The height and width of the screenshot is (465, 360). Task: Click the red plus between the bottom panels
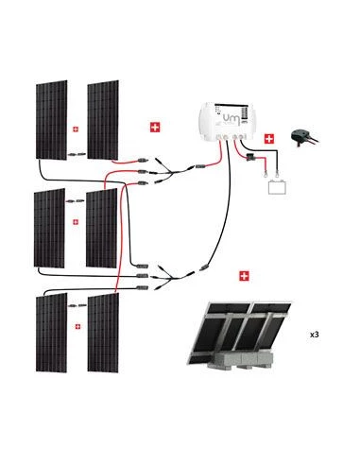tap(76, 326)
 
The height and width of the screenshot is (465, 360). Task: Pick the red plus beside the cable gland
tap(269, 139)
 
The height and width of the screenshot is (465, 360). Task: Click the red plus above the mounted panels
tap(246, 277)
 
